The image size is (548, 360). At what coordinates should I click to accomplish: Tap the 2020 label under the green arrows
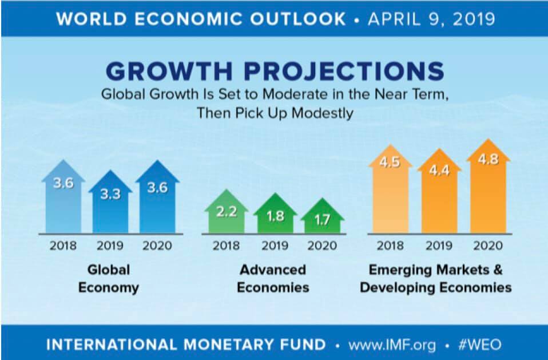point(323,246)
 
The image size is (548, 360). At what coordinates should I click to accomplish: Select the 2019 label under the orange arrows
point(439,246)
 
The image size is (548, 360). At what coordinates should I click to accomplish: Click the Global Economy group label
point(109,278)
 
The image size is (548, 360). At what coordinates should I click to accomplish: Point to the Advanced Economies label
point(273,278)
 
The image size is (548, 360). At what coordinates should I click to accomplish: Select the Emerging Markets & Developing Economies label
point(436,278)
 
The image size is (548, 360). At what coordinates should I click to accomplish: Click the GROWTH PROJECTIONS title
point(275,72)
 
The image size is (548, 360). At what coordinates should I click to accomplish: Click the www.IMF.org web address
point(392,345)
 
